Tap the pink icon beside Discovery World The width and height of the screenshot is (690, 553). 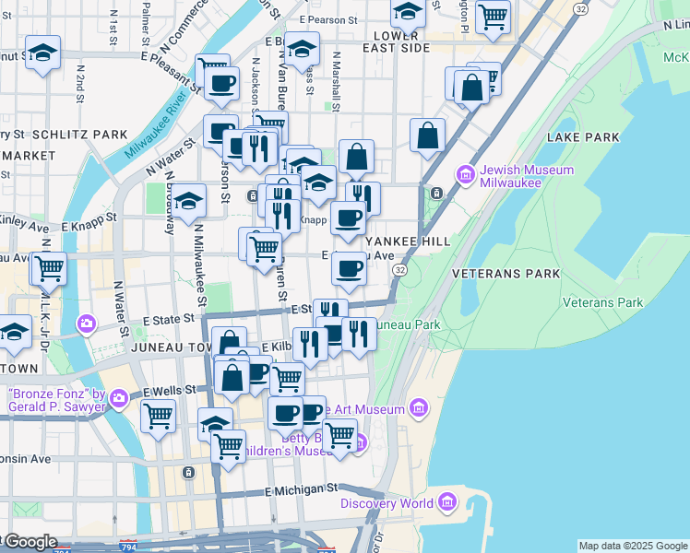coord(448,503)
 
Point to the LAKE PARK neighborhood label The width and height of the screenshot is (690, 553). coord(583,137)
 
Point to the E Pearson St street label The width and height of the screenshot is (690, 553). coord(328,18)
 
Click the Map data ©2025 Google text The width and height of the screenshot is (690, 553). coord(633,546)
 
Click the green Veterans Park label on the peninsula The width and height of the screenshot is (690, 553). coord(602,302)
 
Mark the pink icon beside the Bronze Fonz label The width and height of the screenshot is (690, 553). coord(118,399)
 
